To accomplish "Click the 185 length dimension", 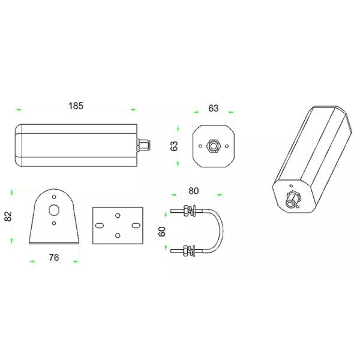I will point(76,106).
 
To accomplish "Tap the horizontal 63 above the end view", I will point(213,109).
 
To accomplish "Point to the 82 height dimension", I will point(8,216).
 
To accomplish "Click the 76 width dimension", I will point(53,258).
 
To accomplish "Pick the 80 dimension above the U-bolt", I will point(194,191).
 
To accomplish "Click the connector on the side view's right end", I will point(144,145).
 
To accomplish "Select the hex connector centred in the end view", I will point(213,145).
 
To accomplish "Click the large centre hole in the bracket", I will point(54,210).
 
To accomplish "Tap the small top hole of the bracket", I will point(54,196).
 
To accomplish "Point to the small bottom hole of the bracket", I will point(54,224).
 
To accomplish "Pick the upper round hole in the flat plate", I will point(118,215).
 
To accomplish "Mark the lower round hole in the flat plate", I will point(118,235).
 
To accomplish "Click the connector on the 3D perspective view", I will point(293,199).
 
